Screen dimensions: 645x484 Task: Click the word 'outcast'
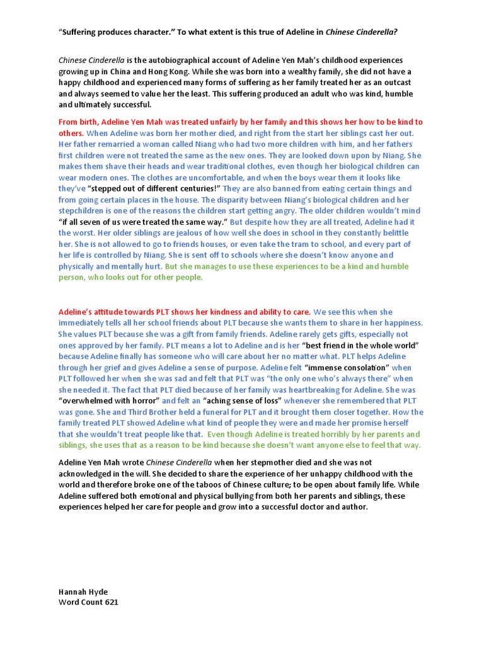click(401, 83)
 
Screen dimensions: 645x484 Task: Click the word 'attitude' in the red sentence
click(115, 312)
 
